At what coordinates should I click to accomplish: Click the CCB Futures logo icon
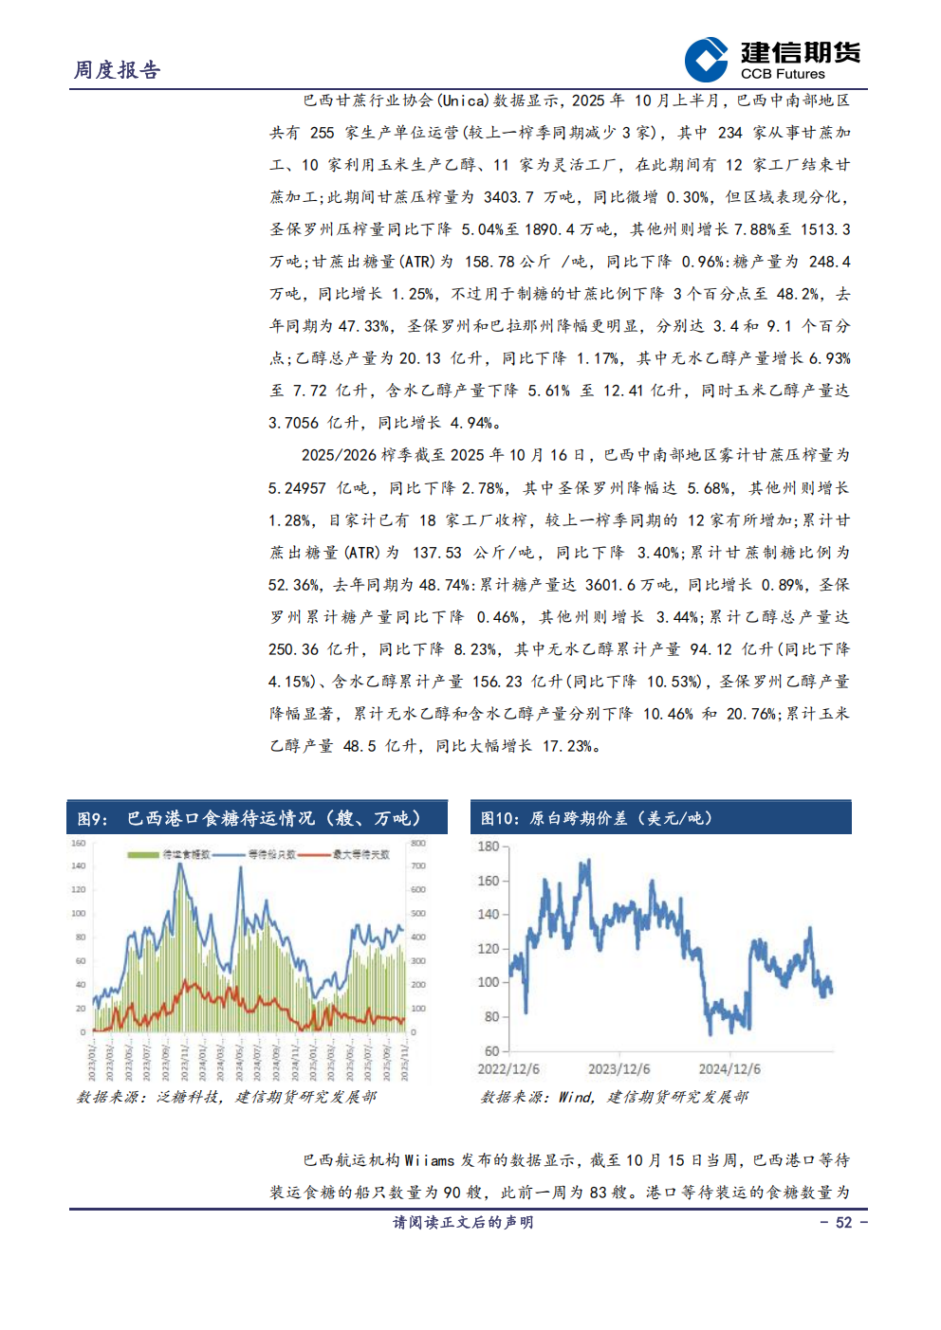pos(706,60)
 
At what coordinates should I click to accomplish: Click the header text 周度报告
pos(118,70)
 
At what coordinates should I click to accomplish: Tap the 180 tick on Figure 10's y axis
pos(488,847)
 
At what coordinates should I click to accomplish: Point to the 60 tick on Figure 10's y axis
pos(491,1051)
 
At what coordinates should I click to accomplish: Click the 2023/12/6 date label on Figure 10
pos(618,1069)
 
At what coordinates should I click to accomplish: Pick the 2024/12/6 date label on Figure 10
pos(729,1069)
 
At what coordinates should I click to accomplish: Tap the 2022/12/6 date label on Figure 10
pos(508,1069)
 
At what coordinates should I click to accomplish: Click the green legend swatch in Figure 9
pos(143,855)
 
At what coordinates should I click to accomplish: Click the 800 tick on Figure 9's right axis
pos(417,843)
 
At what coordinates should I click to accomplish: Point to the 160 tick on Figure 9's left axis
pos(78,843)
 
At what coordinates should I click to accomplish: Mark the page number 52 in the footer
pos(843,1223)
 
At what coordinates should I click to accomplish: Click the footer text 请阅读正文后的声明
pos(464,1223)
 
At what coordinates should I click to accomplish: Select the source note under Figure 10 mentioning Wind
pos(614,1097)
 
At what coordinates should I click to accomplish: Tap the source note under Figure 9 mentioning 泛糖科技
pos(226,1097)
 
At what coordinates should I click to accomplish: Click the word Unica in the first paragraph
pos(464,100)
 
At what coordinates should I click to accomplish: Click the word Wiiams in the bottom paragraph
pos(429,1160)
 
